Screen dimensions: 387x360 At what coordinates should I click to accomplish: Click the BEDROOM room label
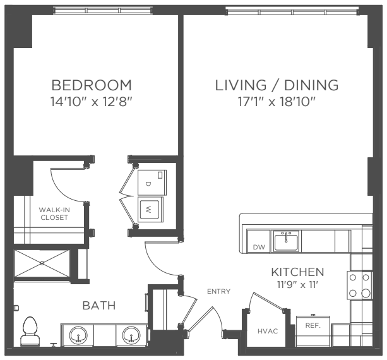tap(92, 85)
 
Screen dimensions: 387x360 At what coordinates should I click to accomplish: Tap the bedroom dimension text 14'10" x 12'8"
tap(92, 102)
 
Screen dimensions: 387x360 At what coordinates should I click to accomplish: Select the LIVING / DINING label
tap(277, 85)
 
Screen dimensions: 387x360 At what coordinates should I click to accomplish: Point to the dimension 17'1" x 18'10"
tap(277, 102)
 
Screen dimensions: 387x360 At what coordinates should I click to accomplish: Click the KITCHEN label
tap(297, 272)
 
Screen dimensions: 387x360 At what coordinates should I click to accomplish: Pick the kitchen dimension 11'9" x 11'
tap(297, 285)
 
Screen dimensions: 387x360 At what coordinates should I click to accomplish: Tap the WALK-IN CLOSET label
tap(54, 213)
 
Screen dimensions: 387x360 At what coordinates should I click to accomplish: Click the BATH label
tap(99, 306)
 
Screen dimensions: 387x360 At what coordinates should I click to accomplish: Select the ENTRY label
tap(218, 292)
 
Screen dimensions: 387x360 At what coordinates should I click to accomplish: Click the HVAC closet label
tap(268, 331)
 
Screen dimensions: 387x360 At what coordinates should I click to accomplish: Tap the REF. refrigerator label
tap(313, 326)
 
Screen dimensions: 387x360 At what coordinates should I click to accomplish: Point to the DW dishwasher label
tap(259, 247)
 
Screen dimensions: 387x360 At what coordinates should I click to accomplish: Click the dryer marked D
tap(152, 183)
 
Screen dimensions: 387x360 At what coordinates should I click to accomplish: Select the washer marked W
tap(150, 210)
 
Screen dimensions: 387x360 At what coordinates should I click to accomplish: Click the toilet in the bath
tap(30, 331)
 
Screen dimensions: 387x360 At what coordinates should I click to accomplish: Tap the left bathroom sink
tap(78, 335)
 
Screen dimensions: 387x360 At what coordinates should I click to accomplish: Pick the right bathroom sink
tap(131, 335)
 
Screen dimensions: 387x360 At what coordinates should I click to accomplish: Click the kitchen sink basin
tap(286, 242)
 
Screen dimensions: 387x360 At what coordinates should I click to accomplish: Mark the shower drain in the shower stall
tap(42, 263)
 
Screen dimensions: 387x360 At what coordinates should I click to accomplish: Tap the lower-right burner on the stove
tap(366, 293)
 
